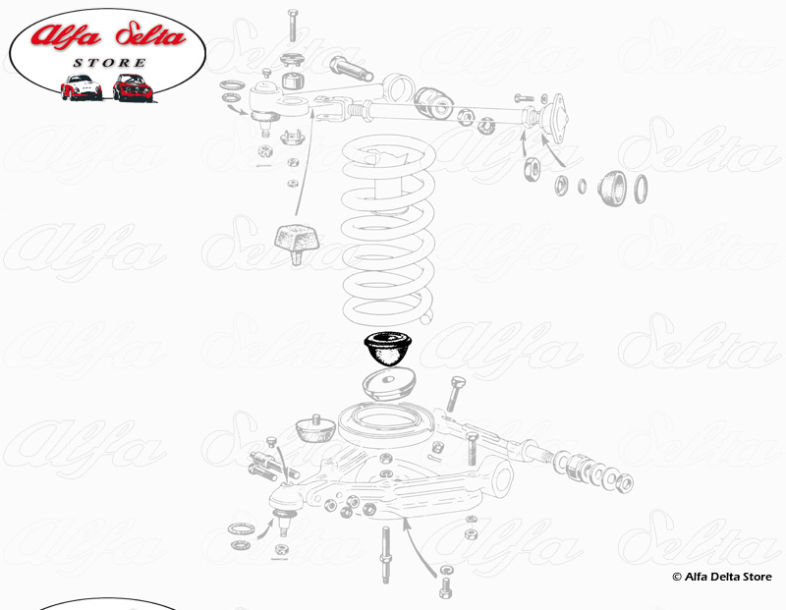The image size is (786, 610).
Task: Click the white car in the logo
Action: coord(82,87)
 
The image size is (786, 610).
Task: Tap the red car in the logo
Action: coord(133,87)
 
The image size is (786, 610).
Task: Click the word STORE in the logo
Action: coord(109,63)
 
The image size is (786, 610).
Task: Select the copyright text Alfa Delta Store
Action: coord(722,577)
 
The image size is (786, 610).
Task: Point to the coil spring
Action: coord(387,230)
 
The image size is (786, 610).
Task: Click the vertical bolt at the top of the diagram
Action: coord(293,26)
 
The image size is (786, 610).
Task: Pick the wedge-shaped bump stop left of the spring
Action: coord(297,244)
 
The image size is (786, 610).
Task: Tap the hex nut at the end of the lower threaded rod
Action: coord(625,483)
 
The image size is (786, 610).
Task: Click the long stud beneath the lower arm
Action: coord(385,554)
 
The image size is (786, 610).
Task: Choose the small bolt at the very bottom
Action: coord(445,587)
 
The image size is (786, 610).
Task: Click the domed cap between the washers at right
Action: coord(612,188)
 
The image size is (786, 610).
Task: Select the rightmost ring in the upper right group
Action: coord(641,189)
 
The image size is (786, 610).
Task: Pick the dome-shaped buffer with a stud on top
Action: coord(314,429)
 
